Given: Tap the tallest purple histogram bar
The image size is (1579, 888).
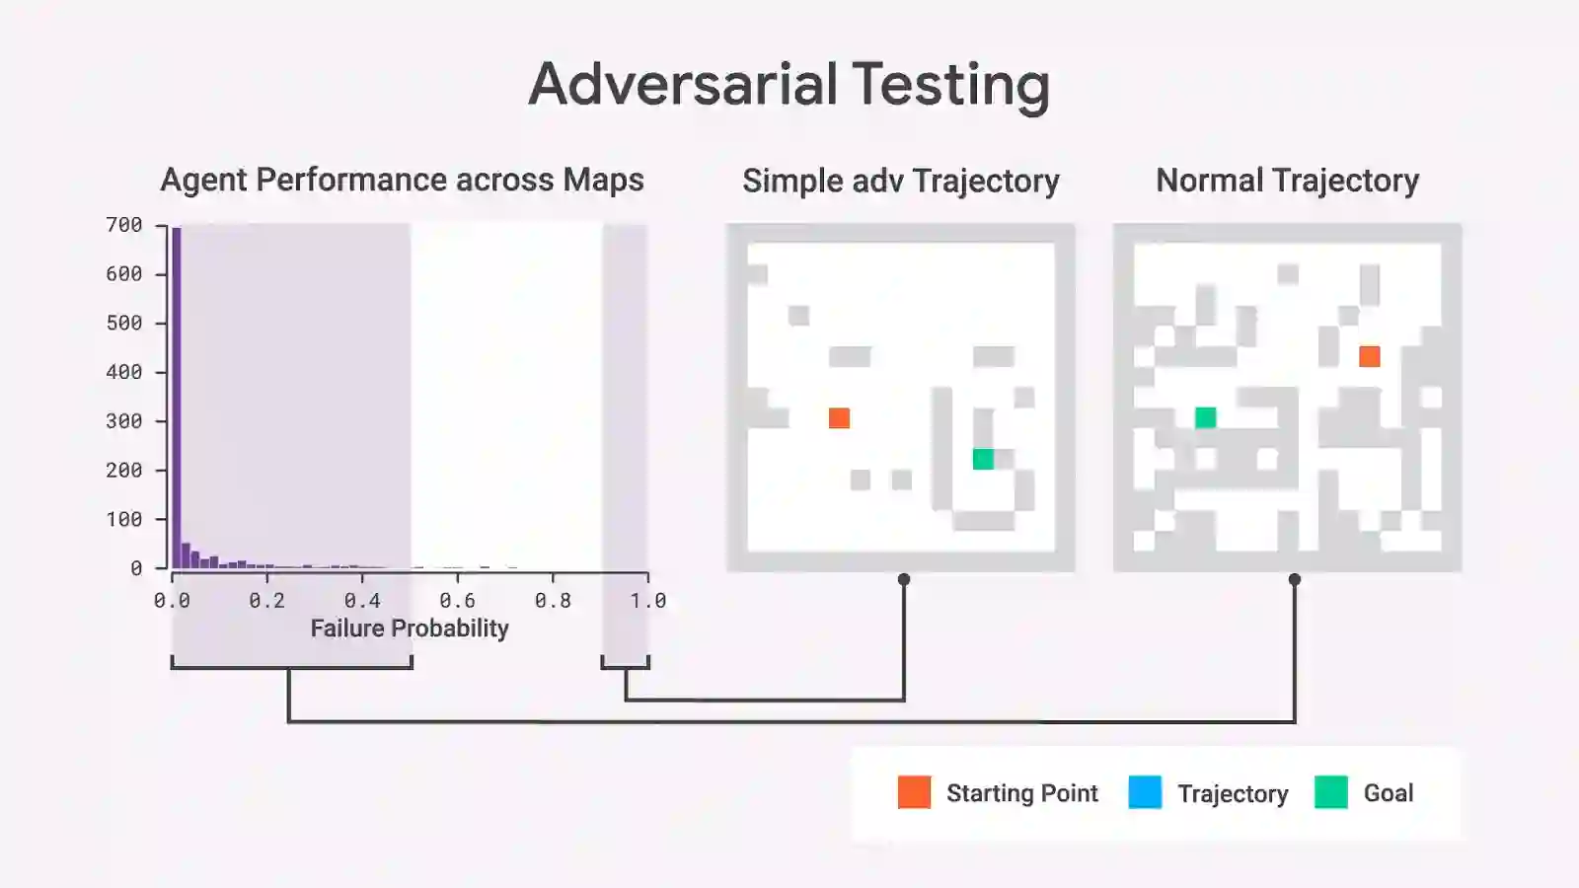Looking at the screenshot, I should [177, 395].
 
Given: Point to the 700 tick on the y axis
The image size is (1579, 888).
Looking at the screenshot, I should [124, 225].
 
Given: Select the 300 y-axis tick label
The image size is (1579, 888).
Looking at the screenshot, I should [124, 421].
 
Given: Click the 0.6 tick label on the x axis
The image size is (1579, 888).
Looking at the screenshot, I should [457, 600].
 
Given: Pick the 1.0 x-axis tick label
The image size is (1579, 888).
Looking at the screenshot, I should [647, 600].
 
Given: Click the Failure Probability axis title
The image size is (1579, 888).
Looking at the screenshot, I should [410, 629].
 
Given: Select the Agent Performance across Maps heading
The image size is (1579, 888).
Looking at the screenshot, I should [402, 180].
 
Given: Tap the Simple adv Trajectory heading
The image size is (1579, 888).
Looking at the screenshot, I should [900, 181].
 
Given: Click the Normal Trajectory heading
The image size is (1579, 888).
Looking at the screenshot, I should [1287, 181].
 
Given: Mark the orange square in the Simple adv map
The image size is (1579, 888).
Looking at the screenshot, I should [839, 418].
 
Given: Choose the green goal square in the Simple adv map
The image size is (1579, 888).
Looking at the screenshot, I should [983, 459].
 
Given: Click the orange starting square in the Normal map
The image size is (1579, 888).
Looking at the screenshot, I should [1370, 356].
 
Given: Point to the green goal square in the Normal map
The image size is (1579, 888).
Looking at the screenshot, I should [1205, 417].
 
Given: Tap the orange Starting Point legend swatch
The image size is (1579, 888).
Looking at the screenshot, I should [914, 792].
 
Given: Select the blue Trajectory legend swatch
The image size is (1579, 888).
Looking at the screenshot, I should [1145, 792].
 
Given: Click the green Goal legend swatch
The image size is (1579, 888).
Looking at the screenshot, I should [1330, 792].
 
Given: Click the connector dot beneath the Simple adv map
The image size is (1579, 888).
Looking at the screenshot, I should [904, 579].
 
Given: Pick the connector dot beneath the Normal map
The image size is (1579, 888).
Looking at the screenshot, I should [1295, 579].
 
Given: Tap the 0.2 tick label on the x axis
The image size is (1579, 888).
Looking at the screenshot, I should [266, 600].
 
